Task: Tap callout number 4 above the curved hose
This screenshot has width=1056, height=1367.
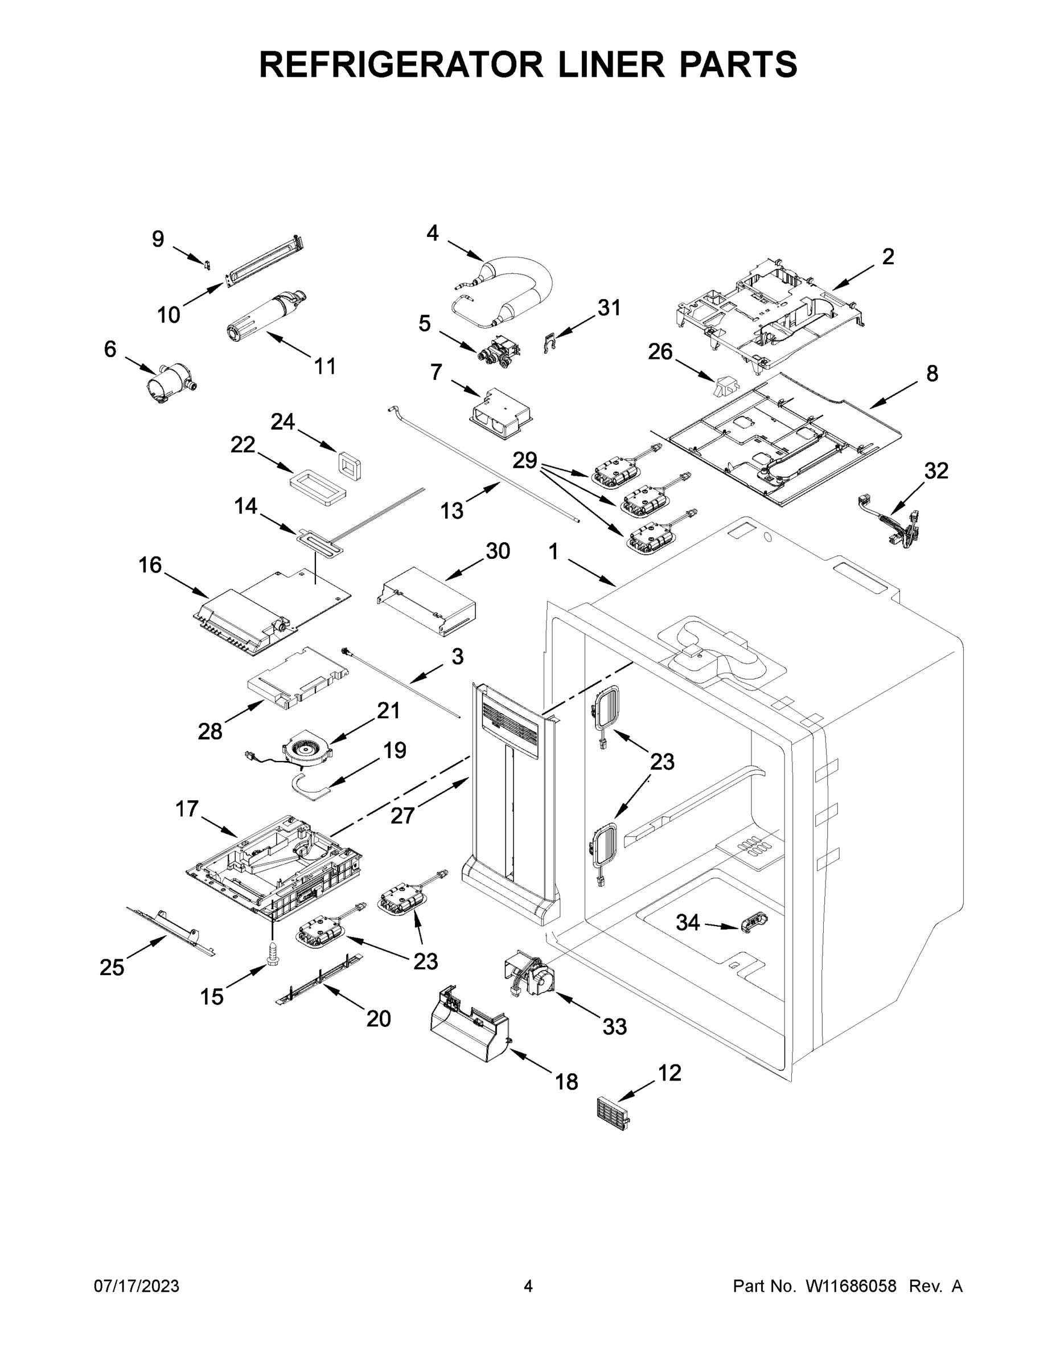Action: [x=432, y=234]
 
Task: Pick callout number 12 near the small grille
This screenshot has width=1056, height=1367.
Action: [x=669, y=1073]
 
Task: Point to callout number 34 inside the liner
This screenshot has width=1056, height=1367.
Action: [x=688, y=922]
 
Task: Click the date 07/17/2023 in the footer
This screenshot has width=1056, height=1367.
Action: [x=137, y=1286]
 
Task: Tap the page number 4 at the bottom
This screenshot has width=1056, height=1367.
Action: [x=528, y=1286]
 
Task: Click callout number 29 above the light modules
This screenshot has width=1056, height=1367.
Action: [x=525, y=460]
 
